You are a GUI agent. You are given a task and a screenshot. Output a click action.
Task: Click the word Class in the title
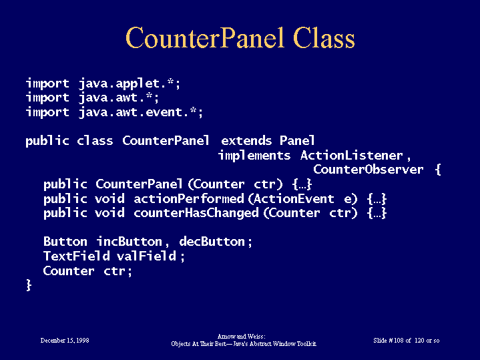(x=324, y=37)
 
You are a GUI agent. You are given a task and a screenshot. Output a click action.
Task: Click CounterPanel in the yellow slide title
(x=205, y=37)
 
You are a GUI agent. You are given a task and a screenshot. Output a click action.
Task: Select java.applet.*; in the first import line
(x=130, y=83)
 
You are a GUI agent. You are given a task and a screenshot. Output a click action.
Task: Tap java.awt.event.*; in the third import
(x=140, y=112)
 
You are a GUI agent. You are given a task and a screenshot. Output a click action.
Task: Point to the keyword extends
(x=246, y=141)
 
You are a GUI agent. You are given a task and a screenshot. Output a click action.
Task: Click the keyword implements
(x=254, y=156)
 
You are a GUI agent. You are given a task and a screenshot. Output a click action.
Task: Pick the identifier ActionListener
(x=351, y=156)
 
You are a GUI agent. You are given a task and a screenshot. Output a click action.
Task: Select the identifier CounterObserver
(x=368, y=170)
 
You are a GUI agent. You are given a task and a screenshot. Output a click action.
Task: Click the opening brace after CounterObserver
(x=438, y=170)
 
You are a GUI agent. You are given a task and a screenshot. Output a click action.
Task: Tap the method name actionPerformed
(x=189, y=199)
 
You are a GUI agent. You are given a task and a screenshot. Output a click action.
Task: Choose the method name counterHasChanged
(x=196, y=213)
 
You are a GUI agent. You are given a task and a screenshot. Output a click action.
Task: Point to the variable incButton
(x=130, y=242)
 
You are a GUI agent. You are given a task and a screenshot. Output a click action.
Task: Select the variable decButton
(x=212, y=242)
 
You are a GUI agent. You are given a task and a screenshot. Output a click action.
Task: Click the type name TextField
(x=77, y=256)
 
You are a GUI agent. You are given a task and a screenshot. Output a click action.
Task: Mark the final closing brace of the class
(x=29, y=285)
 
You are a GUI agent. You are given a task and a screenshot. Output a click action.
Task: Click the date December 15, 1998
(x=65, y=341)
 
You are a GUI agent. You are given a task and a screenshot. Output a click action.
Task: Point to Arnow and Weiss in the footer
(x=240, y=337)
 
